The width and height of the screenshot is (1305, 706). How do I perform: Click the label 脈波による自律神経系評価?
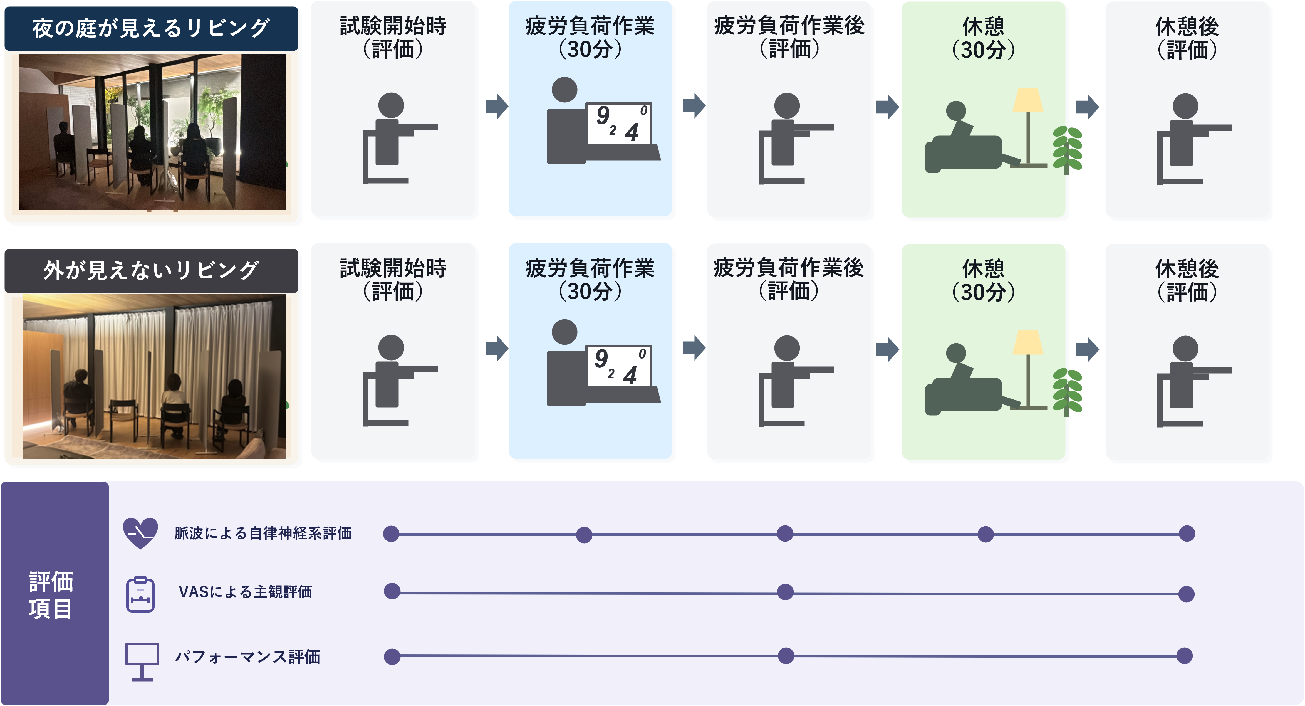(263, 533)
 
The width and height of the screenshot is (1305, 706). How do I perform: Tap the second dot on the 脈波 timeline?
(584, 535)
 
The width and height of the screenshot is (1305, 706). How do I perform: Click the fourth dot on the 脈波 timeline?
(985, 534)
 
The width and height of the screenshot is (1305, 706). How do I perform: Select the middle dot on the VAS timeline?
(785, 592)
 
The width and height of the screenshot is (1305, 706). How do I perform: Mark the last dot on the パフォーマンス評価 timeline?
(1184, 656)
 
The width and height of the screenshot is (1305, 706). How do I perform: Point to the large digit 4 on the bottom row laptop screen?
(630, 376)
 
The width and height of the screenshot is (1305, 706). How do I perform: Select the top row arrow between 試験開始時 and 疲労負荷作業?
(496, 106)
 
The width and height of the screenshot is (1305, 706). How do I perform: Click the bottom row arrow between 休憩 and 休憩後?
(1087, 349)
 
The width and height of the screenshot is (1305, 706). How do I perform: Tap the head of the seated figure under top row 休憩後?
(1185, 107)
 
